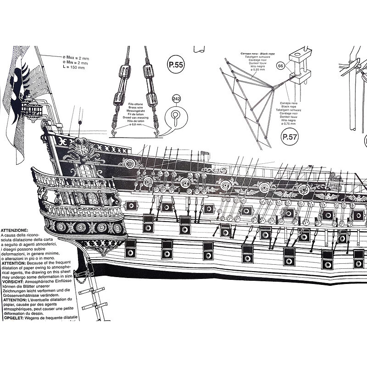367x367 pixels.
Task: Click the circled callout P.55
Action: (x=176, y=65)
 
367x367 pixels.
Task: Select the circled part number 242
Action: (x=177, y=99)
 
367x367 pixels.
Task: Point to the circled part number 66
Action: (x=281, y=66)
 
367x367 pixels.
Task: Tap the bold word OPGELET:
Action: (x=13, y=317)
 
